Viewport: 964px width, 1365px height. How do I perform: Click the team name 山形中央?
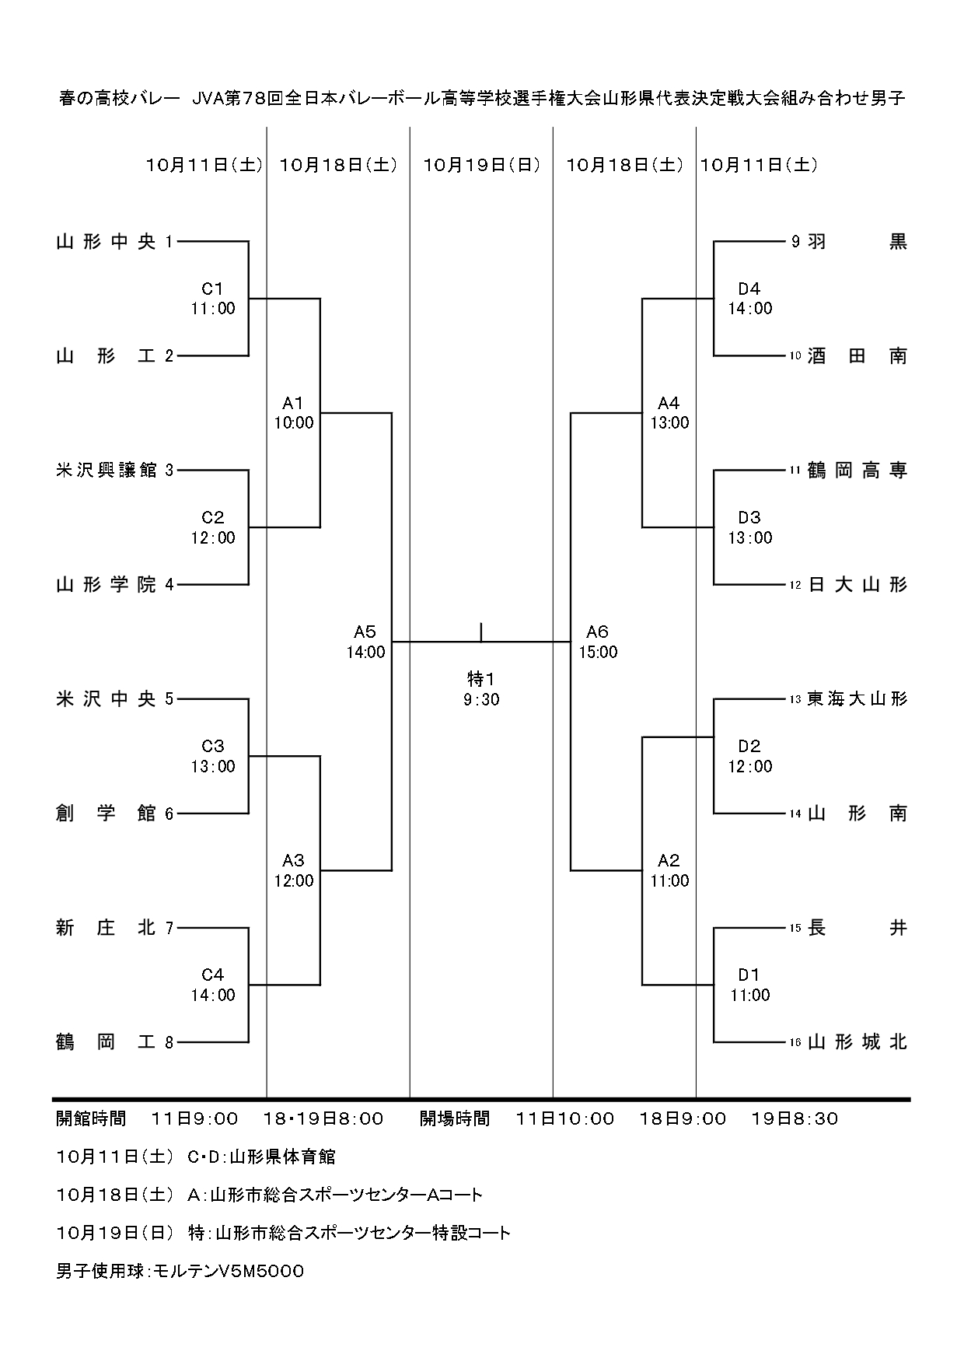106,242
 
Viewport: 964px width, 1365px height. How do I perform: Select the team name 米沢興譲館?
106,471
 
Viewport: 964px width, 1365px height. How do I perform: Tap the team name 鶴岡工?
106,1042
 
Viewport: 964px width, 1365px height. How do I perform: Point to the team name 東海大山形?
857,699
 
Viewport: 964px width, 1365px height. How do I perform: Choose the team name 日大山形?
857,585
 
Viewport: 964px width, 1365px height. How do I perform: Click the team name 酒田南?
857,356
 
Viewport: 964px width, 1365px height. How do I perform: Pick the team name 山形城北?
857,1042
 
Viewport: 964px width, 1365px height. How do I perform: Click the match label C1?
213,289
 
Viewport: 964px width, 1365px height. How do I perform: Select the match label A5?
365,632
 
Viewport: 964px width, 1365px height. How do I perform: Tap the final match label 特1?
481,680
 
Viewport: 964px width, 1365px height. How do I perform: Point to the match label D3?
749,518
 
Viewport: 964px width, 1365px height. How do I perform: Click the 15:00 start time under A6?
598,653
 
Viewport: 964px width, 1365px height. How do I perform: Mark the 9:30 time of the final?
481,700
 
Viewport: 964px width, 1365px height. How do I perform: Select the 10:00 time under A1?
293,423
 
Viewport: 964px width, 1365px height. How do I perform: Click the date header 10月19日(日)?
481,165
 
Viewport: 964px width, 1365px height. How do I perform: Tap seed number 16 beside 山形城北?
795,1043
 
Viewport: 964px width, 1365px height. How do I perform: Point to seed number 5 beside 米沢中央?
169,699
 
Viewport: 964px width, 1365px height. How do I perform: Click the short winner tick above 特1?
481,632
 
